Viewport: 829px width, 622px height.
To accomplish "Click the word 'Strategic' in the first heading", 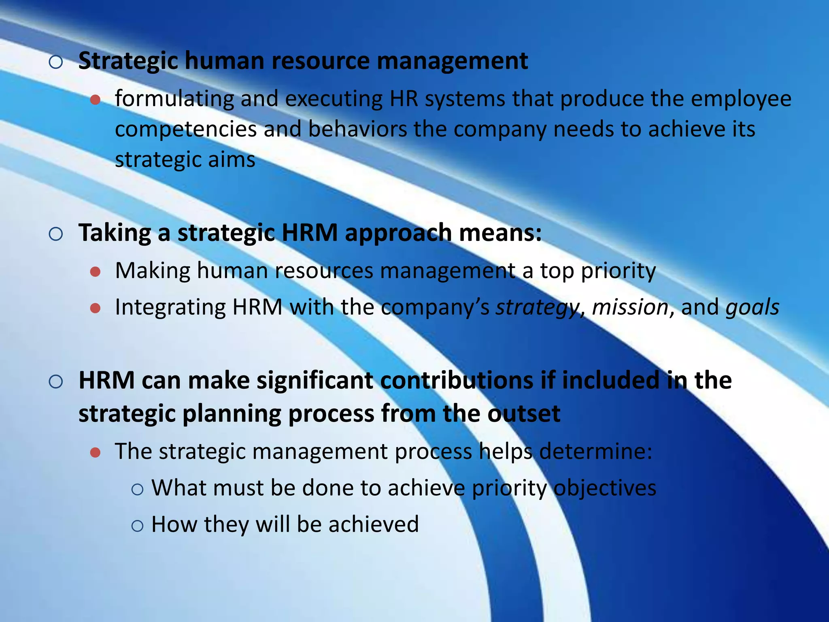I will [128, 62].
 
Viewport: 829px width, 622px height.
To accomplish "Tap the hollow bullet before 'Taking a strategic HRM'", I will [56, 234].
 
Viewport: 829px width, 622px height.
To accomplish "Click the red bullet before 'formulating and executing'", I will [96, 100].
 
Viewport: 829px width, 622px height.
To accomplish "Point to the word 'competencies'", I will [186, 130].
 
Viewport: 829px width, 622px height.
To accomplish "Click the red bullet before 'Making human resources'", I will [96, 272].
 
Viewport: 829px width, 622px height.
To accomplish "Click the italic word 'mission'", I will [630, 307].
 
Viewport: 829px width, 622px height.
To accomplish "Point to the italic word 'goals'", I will [752, 307].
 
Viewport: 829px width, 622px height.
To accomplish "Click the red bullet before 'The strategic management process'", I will [96, 452].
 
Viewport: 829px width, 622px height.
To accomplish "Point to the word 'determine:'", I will [596, 451].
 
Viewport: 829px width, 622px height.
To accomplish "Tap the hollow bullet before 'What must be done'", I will [138, 489].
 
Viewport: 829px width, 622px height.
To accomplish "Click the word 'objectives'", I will [605, 488].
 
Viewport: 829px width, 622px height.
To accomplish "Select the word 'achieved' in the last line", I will [373, 524].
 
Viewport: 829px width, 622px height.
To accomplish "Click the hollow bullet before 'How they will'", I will [138, 526].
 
